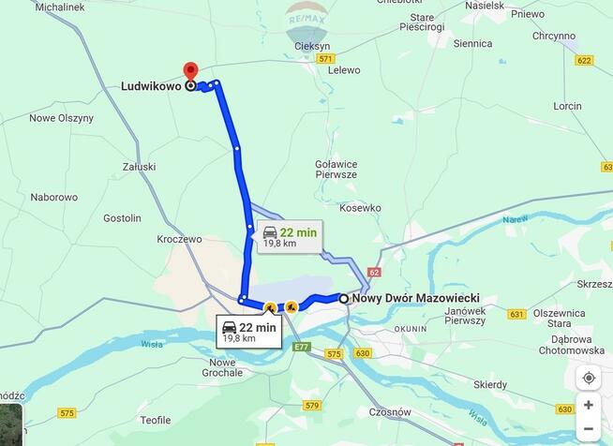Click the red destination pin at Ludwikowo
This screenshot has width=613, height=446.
point(190,72)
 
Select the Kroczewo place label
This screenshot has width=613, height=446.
point(180,239)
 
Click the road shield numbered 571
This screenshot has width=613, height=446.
point(325,58)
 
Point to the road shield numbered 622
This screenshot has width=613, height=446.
point(584,60)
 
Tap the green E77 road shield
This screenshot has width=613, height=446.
point(301,347)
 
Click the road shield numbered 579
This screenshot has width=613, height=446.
point(313,406)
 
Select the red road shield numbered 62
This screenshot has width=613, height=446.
point(375,273)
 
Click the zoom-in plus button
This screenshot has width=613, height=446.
point(589,405)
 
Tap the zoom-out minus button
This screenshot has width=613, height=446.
point(589,429)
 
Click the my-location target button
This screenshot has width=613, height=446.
point(589,378)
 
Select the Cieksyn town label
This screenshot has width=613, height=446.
point(312,45)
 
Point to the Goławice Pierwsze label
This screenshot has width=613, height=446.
point(336,169)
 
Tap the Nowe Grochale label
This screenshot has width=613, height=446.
point(223,367)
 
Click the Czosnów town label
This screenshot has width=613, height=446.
point(390,411)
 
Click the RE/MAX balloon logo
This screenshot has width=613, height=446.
point(306,21)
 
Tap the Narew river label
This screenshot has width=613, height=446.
point(515,220)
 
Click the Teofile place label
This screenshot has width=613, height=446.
point(156,420)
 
